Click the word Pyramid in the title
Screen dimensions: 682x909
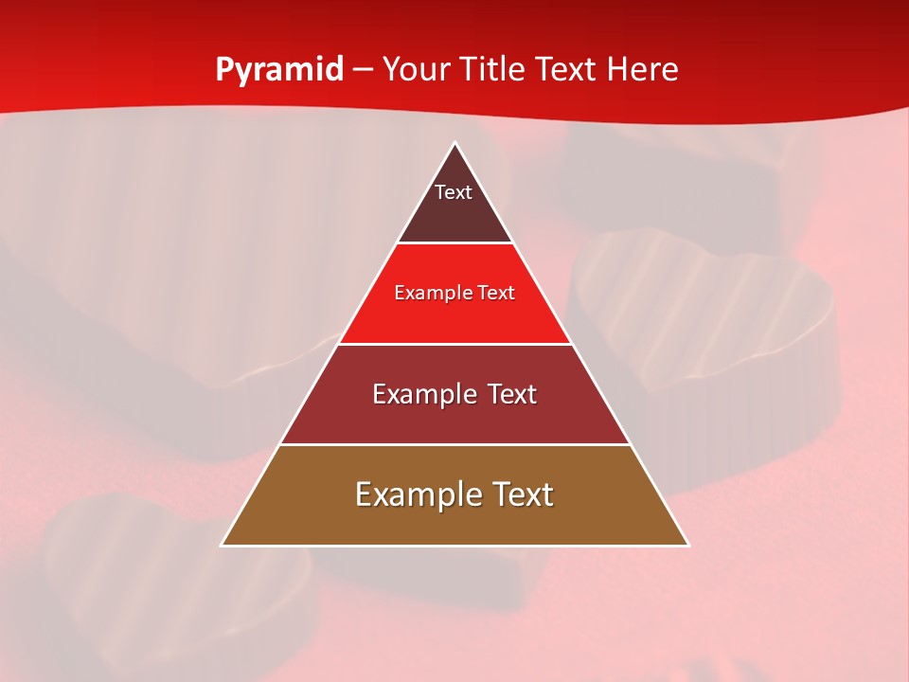click(279, 70)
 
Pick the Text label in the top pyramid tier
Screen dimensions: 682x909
click(453, 192)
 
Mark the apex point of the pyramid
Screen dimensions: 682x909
click(455, 143)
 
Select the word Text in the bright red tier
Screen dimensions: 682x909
click(496, 294)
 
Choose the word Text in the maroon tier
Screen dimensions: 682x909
click(512, 394)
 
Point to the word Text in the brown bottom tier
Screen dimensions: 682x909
click(523, 494)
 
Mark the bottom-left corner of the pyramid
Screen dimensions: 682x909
click(222, 546)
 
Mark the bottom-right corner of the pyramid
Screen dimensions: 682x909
click(688, 546)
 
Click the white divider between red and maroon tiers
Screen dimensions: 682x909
click(455, 344)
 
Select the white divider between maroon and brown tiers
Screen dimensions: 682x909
click(455, 444)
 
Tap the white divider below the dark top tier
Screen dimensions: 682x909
click(455, 243)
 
